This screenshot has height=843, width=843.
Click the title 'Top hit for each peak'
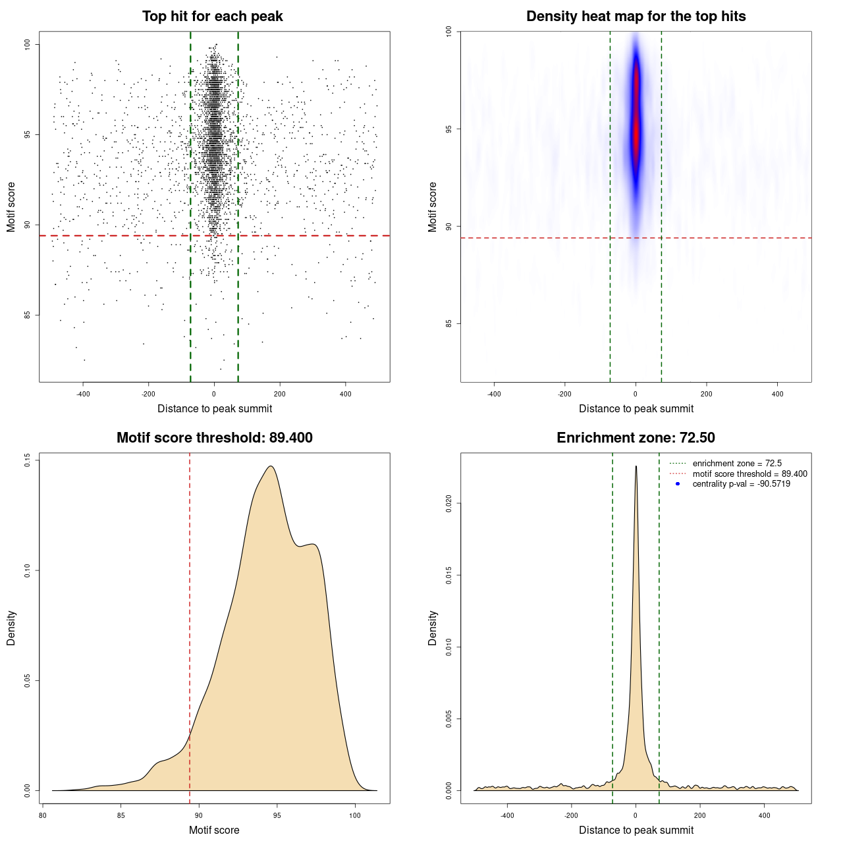[x=213, y=16]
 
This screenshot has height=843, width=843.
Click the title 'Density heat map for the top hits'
[x=636, y=16]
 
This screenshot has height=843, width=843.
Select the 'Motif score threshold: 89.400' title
[x=214, y=438]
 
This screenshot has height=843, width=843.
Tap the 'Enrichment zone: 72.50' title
[x=636, y=438]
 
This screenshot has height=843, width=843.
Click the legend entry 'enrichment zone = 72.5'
[x=737, y=464]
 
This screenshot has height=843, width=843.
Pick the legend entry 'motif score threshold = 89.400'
[x=749, y=474]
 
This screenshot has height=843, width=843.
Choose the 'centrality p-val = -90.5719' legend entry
[x=741, y=484]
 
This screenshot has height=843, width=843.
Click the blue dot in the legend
[x=678, y=484]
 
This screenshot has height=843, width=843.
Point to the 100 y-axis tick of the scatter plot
[x=28, y=44]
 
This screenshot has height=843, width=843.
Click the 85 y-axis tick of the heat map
[x=449, y=323]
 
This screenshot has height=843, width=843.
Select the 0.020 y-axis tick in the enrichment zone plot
[x=449, y=504]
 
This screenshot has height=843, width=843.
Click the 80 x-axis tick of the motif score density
[x=43, y=815]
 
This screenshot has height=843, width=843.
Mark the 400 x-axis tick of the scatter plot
[x=345, y=394]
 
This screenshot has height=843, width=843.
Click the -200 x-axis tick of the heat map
[x=564, y=394]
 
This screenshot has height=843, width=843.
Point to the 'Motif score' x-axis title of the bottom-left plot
[x=214, y=830]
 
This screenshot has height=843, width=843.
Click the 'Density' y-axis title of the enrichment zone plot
[x=433, y=628]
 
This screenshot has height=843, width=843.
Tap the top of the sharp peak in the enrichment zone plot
[x=636, y=466]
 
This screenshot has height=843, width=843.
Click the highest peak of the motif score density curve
[x=271, y=466]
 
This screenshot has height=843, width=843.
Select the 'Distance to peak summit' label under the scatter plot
[x=215, y=408]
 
